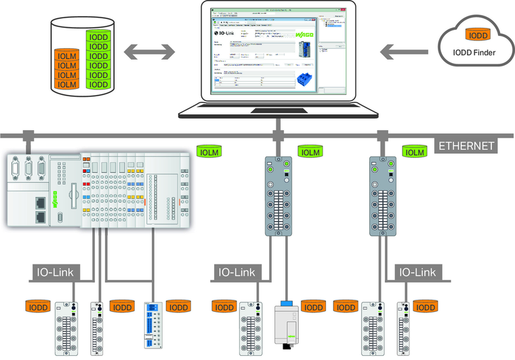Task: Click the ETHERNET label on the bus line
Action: (x=468, y=146)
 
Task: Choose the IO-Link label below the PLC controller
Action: (x=56, y=273)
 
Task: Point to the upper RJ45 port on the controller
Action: (x=40, y=201)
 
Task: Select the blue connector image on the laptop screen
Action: (x=305, y=79)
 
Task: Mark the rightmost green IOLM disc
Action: (x=415, y=153)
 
